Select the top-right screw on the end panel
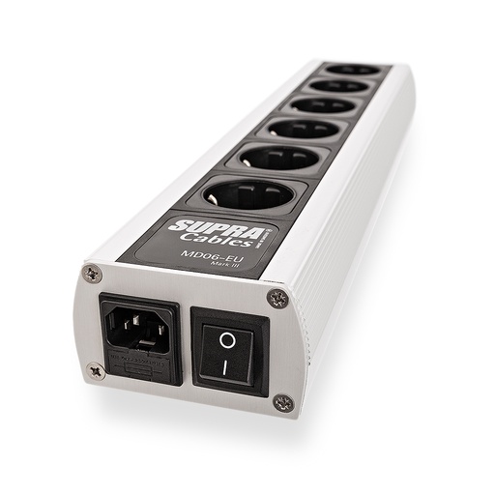[278, 297]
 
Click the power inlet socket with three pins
[138, 326]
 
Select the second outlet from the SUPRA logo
[274, 156]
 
